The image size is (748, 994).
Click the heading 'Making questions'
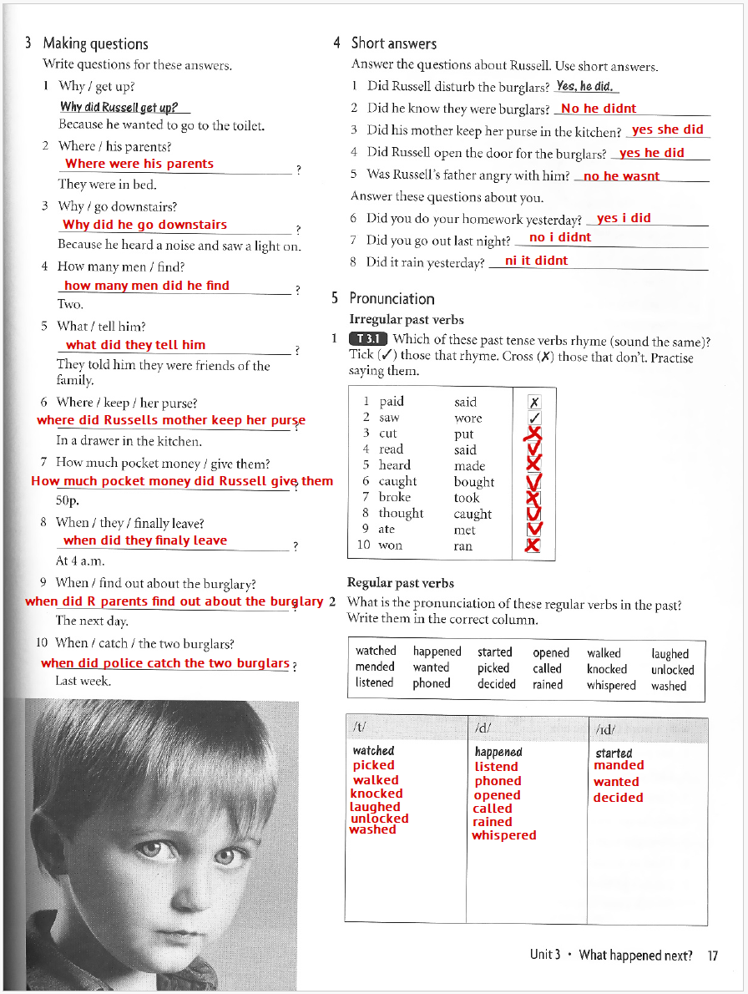click(x=95, y=43)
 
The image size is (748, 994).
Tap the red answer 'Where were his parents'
click(x=139, y=164)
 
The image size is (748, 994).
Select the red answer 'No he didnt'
click(x=599, y=109)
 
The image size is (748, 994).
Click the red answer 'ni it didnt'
click(x=536, y=261)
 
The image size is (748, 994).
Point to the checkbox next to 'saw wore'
click(x=535, y=418)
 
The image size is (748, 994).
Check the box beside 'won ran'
click(x=533, y=545)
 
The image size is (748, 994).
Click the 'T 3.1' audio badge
click(x=367, y=339)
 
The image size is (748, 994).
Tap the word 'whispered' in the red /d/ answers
click(x=503, y=835)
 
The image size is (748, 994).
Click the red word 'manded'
click(x=619, y=765)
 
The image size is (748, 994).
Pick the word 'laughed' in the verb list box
click(x=670, y=653)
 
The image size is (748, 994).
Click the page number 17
click(x=712, y=956)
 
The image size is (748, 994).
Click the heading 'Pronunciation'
click(x=392, y=298)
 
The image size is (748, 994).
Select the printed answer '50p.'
click(x=67, y=501)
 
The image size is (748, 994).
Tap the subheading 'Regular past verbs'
click(x=401, y=583)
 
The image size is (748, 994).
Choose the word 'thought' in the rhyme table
click(x=401, y=514)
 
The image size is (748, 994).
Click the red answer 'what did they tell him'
click(x=135, y=345)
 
